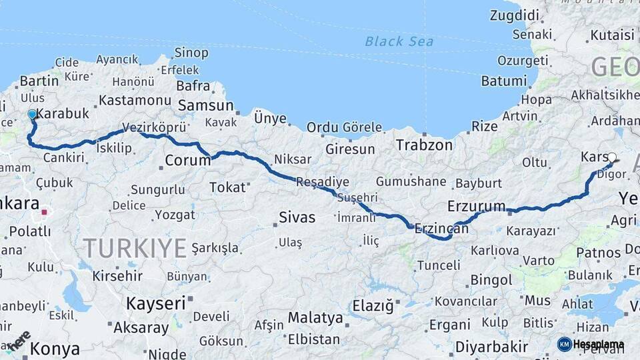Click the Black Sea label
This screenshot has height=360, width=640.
tap(399, 41)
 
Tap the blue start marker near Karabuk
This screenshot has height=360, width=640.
tap(32, 115)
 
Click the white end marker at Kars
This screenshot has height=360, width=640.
tap(612, 157)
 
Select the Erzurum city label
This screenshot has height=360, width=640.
tap(477, 205)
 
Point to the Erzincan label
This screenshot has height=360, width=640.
tap(441, 228)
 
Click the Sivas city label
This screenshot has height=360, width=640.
tap(297, 217)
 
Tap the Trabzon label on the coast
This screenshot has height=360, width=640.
tap(424, 145)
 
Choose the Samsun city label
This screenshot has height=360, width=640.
tap(205, 105)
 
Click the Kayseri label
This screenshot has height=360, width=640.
tap(156, 303)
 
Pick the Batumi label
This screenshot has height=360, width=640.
tap(503, 81)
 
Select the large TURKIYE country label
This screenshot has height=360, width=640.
tap(135, 248)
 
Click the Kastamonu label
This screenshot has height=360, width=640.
tap(135, 100)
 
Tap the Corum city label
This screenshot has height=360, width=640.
tap(187, 160)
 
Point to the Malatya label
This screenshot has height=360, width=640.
tap(315, 318)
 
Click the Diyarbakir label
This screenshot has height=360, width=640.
tap(492, 347)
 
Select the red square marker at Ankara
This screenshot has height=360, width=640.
tap(45, 213)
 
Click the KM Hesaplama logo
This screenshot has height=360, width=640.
tap(591, 344)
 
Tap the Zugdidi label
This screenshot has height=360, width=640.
tap(514, 15)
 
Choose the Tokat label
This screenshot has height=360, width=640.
tap(227, 187)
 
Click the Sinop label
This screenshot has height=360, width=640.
tap(191, 52)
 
